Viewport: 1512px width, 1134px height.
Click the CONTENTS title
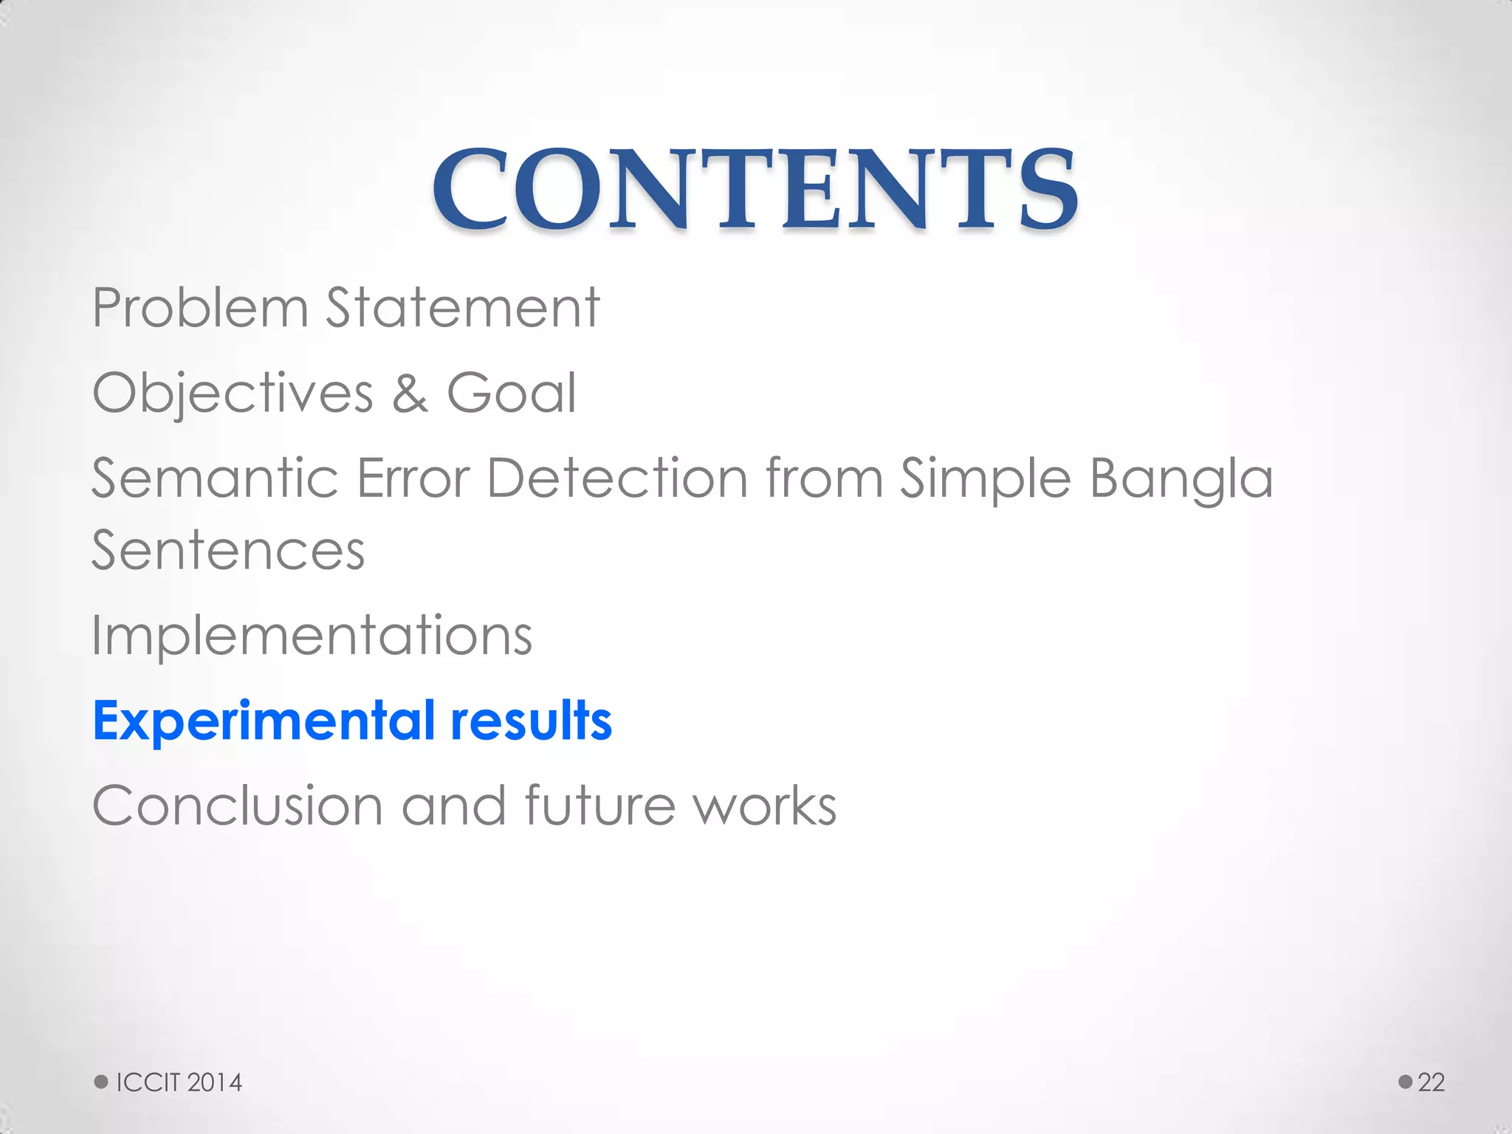tap(755, 189)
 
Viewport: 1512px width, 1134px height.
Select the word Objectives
tap(233, 394)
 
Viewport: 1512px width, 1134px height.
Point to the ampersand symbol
tap(410, 394)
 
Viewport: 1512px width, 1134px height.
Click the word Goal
tap(511, 393)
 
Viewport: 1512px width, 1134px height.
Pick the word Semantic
tap(215, 478)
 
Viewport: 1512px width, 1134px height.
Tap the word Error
tap(413, 478)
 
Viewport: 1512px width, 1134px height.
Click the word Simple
tap(985, 480)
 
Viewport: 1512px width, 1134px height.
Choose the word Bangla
tap(1181, 480)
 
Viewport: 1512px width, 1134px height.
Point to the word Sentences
tap(228, 551)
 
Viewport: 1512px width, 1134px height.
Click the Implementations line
tap(312, 636)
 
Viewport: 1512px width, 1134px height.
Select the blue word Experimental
tap(264, 721)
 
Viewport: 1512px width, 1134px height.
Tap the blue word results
tap(531, 721)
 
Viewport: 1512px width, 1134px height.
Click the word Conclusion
tap(237, 805)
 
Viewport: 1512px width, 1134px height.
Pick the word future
tap(599, 805)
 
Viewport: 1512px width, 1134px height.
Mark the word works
tap(765, 805)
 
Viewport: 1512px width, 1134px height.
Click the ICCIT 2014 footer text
tap(179, 1082)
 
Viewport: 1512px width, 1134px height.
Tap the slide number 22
tap(1431, 1082)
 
